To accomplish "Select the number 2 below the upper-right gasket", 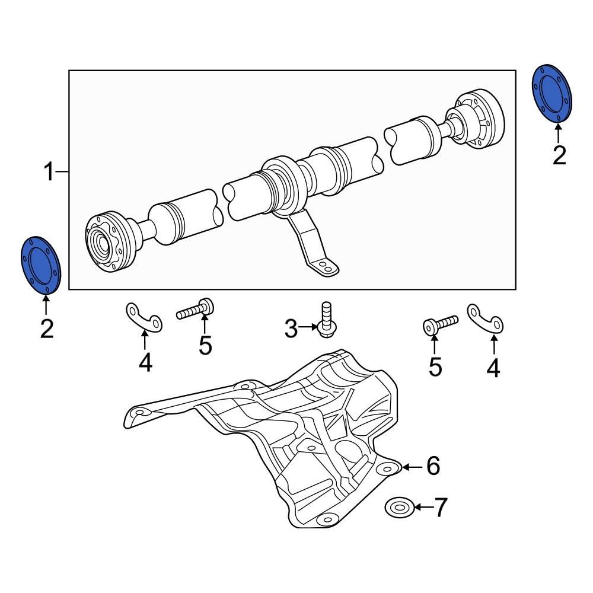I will coord(559,156).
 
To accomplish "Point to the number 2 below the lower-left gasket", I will coord(47,329).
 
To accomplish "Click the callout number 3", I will coord(291,327).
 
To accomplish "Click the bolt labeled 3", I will coord(324,321).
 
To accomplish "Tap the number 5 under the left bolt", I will coord(205,346).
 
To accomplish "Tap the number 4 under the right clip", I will coord(493,368).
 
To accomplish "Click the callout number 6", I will coord(433,467).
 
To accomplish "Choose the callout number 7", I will coord(441,508).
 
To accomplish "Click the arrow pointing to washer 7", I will coord(420,508).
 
